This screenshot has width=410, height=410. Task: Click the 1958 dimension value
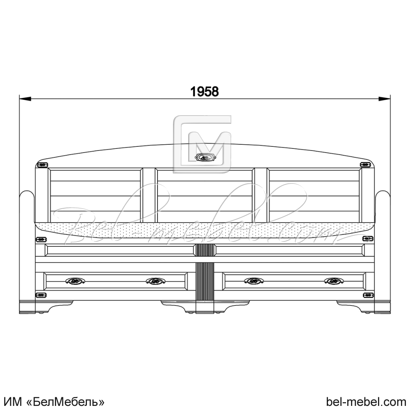(x=205, y=91)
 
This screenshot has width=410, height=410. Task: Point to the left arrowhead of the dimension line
(x=25, y=99)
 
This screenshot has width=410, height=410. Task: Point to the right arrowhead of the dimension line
(x=385, y=99)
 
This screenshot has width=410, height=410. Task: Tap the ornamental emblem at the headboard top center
(x=205, y=157)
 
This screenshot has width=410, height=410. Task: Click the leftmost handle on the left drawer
(x=75, y=281)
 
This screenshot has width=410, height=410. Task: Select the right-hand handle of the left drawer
(x=155, y=281)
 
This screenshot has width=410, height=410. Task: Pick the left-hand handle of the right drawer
(x=254, y=281)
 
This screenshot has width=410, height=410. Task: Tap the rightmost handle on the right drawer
(x=334, y=281)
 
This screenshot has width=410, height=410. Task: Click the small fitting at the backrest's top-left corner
(x=42, y=165)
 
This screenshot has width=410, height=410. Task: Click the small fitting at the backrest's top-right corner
(x=366, y=165)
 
